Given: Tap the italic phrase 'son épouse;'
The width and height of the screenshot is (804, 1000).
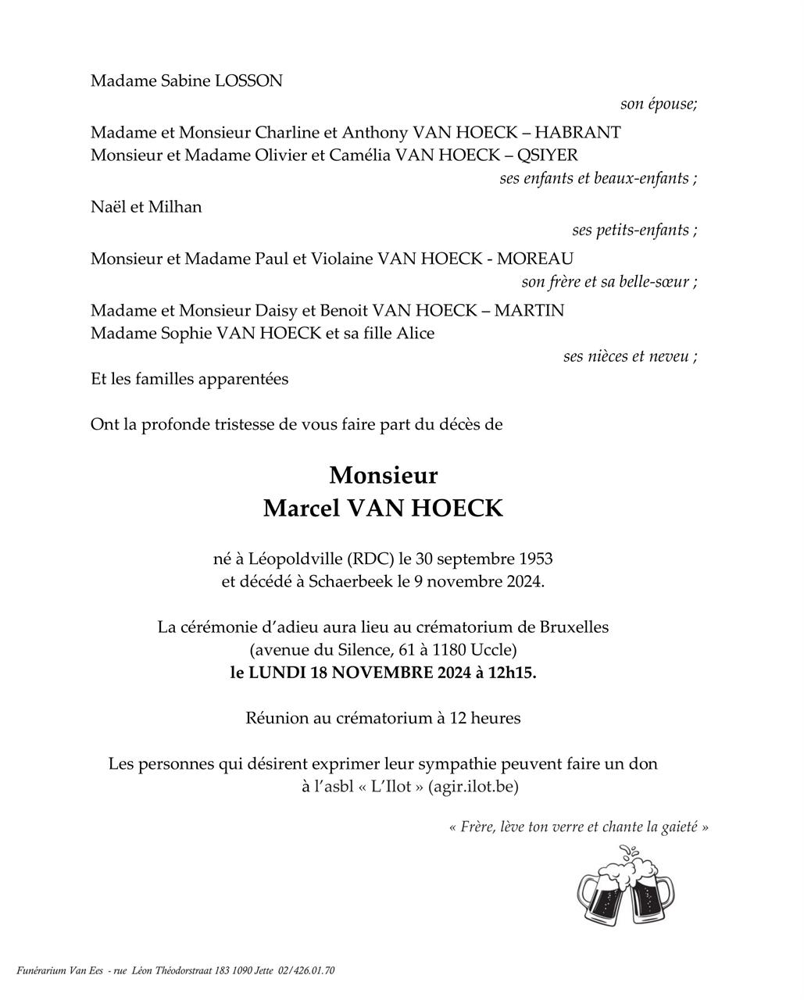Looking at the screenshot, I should pos(658,104).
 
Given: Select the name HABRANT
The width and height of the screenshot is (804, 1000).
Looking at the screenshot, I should pos(578,132).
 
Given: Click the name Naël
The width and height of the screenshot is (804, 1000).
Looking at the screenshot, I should pos(108,207).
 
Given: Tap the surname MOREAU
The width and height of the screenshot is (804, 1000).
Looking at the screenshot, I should pos(535,259).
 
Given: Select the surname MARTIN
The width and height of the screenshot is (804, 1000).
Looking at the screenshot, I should pos(529,310).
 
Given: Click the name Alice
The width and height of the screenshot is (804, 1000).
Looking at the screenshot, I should pos(415,333).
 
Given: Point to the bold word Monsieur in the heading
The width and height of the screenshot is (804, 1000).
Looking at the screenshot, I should pos(383,475).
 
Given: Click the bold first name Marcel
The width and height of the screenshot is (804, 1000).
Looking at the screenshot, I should pos(301,509).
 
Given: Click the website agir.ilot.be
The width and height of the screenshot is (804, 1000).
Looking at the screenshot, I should pos(473,787).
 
